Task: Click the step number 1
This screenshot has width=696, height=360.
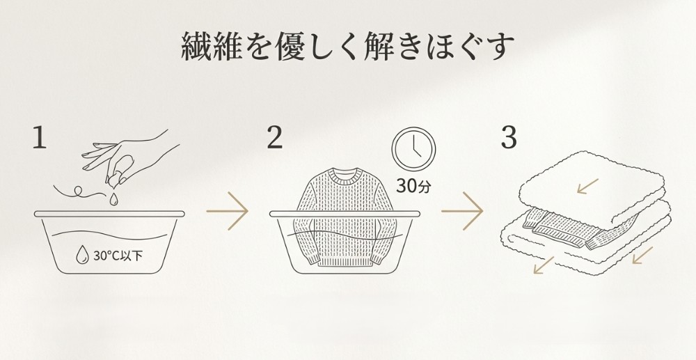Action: point(40,139)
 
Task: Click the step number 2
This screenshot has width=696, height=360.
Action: point(275,139)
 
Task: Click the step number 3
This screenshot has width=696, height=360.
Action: point(509,139)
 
